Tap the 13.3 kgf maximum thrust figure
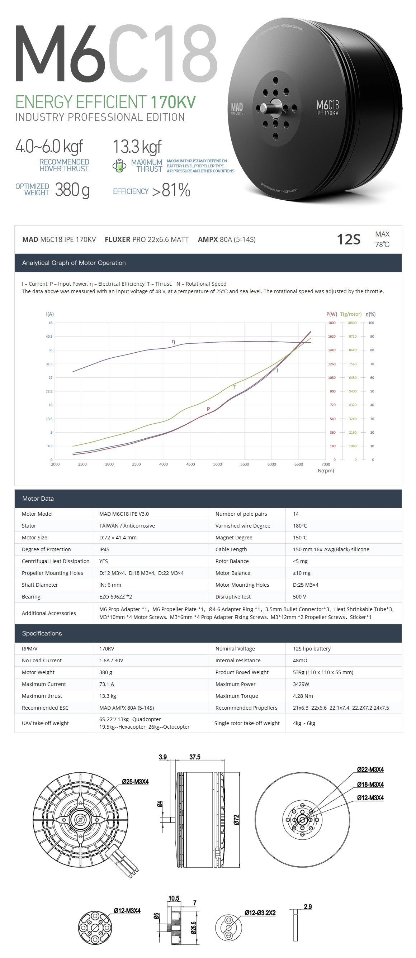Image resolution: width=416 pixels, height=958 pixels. pos(137,147)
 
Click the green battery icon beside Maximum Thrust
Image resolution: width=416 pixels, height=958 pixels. pos(119,166)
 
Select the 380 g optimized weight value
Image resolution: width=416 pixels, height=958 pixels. pos(72,190)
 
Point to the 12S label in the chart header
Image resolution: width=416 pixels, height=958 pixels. pos(348,239)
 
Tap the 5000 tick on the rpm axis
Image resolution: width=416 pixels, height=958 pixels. pos(217,464)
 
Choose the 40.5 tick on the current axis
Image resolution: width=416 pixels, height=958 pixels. pos(49,337)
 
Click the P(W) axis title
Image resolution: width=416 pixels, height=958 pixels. pos(331,314)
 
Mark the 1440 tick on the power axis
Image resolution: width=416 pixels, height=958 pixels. pos(331,350)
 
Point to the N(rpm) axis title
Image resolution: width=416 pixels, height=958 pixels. pos(326,471)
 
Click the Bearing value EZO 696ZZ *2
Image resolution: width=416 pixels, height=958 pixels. pos(115,596)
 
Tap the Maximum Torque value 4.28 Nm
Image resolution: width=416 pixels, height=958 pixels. pos(303,696)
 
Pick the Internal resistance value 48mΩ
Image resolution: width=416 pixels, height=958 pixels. pos(300,661)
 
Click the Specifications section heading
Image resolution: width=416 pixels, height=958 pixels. pos(42,633)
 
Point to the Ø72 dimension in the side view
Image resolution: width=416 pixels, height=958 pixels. pos(236,820)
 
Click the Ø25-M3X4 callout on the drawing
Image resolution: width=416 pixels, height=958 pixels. pos(135,782)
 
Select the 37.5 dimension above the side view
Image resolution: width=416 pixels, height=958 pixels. pos(195,757)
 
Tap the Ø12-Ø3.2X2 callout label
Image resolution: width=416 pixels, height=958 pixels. pos(260,913)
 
